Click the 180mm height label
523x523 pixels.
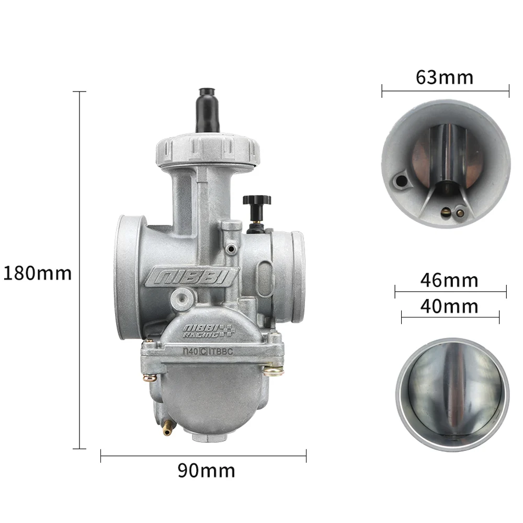tap(37, 273)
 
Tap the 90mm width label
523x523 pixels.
tap(206, 471)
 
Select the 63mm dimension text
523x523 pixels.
tap(444, 77)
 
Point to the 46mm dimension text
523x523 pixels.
tap(449, 280)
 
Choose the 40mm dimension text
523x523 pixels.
tap(449, 306)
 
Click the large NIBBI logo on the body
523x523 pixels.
tap(192, 276)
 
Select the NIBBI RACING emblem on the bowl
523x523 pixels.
tap(209, 331)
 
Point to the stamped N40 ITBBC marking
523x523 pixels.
tap(208, 351)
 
